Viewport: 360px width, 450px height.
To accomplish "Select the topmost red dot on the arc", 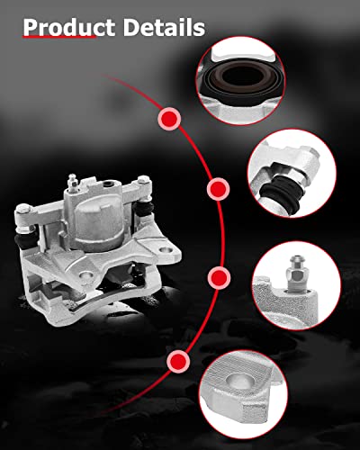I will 168,118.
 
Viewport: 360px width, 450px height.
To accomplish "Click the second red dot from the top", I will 217,189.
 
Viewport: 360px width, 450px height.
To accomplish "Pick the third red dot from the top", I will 217,275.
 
